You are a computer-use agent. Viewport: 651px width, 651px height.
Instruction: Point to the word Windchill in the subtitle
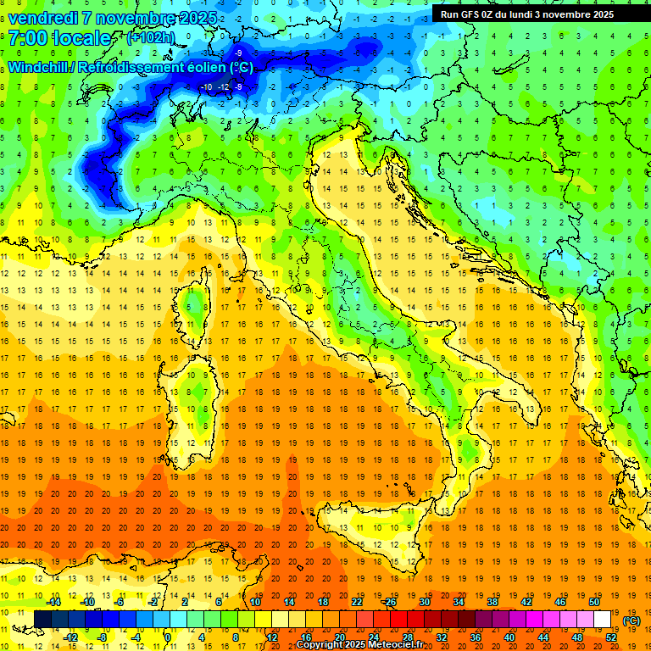(x=39, y=67)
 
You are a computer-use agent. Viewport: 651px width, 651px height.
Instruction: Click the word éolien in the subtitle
(x=191, y=67)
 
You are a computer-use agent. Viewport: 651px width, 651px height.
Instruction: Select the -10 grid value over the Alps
(x=207, y=87)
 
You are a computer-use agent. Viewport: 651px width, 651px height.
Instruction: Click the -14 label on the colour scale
(x=54, y=602)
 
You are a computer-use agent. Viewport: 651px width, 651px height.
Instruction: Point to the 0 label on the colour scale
(x=167, y=637)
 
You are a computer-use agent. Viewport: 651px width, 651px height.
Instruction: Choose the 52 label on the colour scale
(x=611, y=637)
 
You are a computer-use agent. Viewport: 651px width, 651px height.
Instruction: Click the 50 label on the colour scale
(x=594, y=602)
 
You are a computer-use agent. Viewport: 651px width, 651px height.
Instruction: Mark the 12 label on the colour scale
(x=273, y=637)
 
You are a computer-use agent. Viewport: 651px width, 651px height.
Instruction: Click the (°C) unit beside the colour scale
(x=632, y=620)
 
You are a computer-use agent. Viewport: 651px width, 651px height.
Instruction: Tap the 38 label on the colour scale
(x=492, y=602)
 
